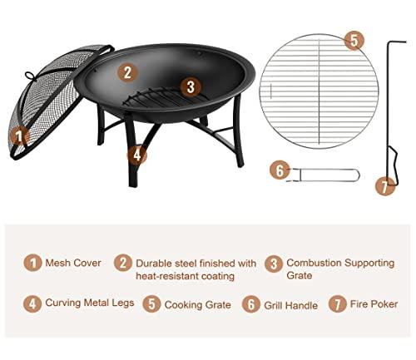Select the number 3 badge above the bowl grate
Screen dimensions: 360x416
point(190,86)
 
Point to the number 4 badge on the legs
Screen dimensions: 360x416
point(137,154)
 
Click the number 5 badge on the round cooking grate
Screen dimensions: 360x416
point(354,40)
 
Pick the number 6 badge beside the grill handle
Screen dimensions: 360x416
point(280,170)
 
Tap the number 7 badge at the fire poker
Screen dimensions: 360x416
point(383,186)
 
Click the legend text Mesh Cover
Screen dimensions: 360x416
point(72,263)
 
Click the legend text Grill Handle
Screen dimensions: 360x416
point(290,305)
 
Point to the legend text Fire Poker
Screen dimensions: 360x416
point(374,305)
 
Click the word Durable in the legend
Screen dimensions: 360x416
point(156,263)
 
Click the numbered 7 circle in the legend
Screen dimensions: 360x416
point(338,304)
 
